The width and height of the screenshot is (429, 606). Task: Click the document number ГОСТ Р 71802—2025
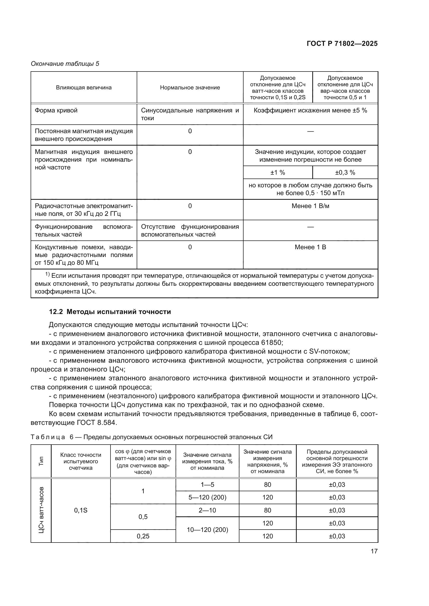click(342, 44)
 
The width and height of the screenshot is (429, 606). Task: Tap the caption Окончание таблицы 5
click(65, 64)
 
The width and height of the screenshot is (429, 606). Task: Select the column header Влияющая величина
click(84, 88)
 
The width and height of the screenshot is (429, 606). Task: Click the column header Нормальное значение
click(190, 88)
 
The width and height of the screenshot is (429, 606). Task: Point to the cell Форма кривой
click(56, 110)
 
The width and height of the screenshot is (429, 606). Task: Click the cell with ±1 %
click(278, 173)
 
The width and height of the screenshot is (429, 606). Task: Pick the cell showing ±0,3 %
click(345, 173)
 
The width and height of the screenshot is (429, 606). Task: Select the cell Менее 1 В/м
click(310, 206)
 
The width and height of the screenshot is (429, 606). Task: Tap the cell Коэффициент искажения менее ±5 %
click(310, 110)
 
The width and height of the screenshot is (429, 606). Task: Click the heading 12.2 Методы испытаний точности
click(110, 312)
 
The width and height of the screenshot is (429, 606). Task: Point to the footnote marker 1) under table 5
click(47, 274)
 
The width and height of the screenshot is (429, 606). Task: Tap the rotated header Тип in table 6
click(41, 461)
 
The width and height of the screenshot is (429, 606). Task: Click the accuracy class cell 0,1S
click(81, 510)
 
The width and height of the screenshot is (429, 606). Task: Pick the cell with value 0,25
click(143, 536)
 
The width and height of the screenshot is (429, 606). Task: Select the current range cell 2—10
click(207, 510)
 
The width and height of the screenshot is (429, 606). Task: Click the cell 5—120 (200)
click(207, 497)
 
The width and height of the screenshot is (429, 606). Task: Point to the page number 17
click(374, 551)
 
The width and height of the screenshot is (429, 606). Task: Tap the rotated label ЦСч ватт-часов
click(41, 510)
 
